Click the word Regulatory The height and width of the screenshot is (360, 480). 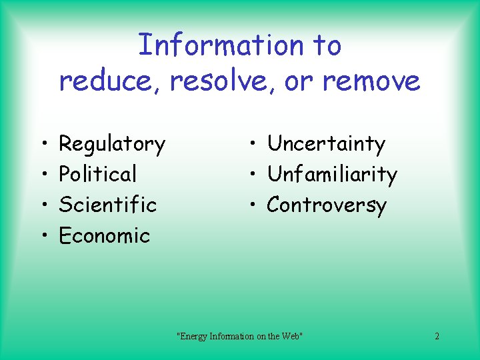[112, 144]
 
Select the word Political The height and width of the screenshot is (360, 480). [97, 174]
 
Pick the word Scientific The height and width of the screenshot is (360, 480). [107, 204]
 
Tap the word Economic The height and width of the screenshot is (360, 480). [105, 235]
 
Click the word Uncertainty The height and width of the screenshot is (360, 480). [326, 144]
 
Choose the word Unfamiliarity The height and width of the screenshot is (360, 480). [331, 175]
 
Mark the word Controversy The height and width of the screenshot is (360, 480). [326, 205]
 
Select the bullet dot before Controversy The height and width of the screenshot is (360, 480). [254, 205]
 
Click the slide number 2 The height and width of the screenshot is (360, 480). [437, 336]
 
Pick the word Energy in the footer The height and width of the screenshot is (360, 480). [193, 336]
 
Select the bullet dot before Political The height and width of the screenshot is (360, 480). [42, 175]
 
